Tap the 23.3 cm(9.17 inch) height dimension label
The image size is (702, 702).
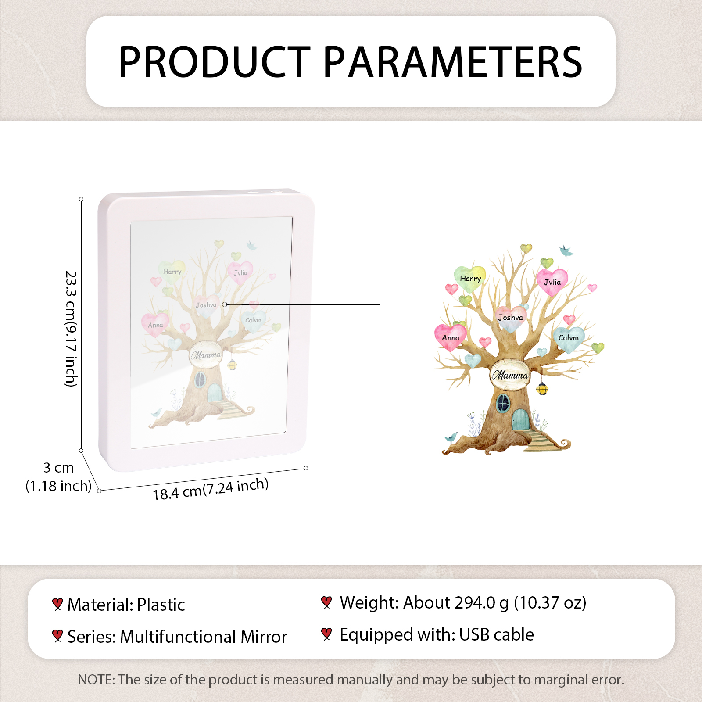coord(71,329)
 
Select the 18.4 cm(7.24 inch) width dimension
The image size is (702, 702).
coord(211,489)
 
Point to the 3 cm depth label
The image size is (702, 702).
coord(58,468)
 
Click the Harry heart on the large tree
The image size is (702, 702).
coord(470,279)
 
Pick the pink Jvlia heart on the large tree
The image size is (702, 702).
coord(552,282)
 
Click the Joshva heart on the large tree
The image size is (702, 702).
coord(511,318)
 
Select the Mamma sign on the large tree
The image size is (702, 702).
coord(510,375)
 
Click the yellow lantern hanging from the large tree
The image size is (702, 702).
coord(542,388)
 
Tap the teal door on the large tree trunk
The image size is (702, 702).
coord(521,419)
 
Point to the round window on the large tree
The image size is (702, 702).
coord(503,403)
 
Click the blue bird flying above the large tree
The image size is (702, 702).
coord(566,251)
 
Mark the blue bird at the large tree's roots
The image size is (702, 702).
coord(451,437)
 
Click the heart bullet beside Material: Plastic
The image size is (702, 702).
coord(57,604)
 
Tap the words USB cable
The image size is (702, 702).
coord(497,635)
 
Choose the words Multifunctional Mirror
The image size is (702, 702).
coord(204,637)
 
